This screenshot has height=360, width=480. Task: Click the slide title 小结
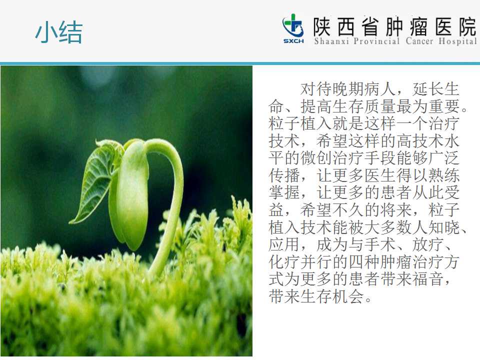point(59,32)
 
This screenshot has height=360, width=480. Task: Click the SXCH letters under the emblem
point(293,41)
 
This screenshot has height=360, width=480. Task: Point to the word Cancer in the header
point(419,41)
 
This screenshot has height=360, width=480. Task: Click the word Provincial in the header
point(377,41)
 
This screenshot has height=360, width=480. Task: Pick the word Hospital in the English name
point(457,41)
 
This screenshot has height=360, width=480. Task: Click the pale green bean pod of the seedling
point(130,196)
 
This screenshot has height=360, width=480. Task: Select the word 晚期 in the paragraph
point(348,89)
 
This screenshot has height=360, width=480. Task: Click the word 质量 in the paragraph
point(380,106)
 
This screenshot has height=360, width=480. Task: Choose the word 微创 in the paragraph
point(316,158)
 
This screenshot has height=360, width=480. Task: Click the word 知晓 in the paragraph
point(444,227)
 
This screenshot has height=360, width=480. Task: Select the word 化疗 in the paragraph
point(284,261)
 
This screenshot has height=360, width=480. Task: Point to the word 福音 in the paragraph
point(428,279)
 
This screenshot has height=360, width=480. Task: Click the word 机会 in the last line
point(348,296)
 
